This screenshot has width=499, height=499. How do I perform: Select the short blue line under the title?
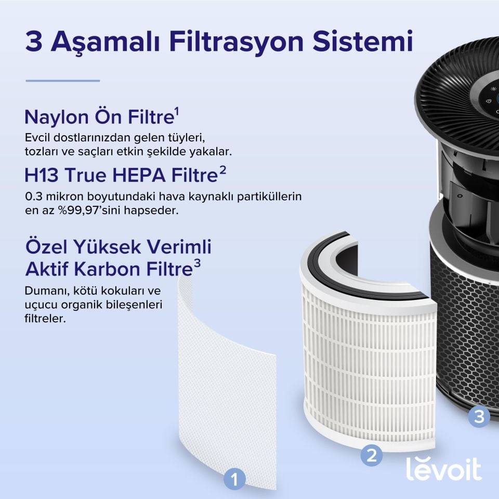coord(62,81)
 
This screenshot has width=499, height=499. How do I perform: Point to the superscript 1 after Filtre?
coord(177,111)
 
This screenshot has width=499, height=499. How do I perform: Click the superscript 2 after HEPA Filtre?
coord(222,170)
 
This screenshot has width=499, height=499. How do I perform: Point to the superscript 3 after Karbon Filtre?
coord(197,264)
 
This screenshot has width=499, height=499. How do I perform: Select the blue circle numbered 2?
coord(372,455)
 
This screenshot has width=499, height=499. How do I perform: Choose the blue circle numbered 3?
coord(479,416)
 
